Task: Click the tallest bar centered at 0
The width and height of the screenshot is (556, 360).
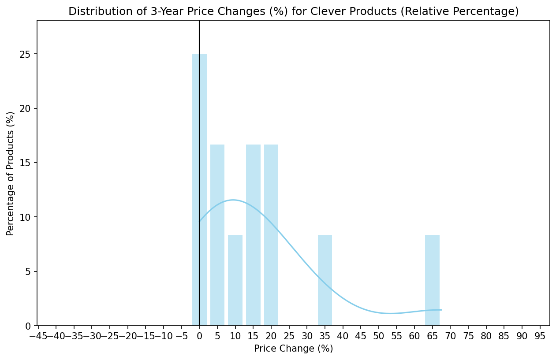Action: pyautogui.click(x=199, y=189)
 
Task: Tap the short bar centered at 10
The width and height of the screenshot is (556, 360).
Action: pyautogui.click(x=235, y=280)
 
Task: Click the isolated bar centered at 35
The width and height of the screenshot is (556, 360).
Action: pyautogui.click(x=325, y=280)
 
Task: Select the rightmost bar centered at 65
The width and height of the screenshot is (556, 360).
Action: pyautogui.click(x=432, y=280)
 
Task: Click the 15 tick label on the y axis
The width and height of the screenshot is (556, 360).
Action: pyautogui.click(x=27, y=163)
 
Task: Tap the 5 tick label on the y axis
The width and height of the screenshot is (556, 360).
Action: pyautogui.click(x=29, y=271)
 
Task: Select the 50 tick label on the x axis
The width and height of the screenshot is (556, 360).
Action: pyautogui.click(x=379, y=337)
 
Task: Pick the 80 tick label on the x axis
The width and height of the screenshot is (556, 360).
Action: pyautogui.click(x=486, y=337)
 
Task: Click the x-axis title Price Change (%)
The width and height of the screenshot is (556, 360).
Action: pyautogui.click(x=293, y=349)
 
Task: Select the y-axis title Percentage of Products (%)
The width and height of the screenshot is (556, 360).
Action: pyautogui.click(x=10, y=173)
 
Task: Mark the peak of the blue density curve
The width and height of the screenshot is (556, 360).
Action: pyautogui.click(x=233, y=200)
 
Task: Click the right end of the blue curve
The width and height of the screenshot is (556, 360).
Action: pyautogui.click(x=441, y=310)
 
